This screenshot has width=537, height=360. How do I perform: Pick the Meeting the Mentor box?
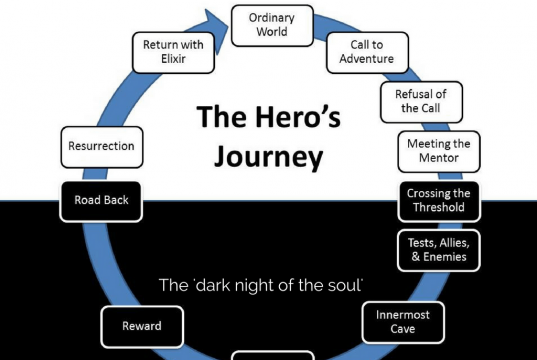[439, 152]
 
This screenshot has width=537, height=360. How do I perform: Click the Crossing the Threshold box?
[439, 200]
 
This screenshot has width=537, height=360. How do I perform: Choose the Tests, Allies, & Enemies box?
[439, 248]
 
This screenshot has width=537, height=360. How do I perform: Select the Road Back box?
[101, 200]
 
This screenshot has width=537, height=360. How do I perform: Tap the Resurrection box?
[101, 146]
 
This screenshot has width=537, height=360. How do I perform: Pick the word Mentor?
[439, 159]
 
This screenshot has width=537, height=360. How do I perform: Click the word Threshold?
[439, 207]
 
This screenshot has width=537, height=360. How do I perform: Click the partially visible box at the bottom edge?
[272, 355]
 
